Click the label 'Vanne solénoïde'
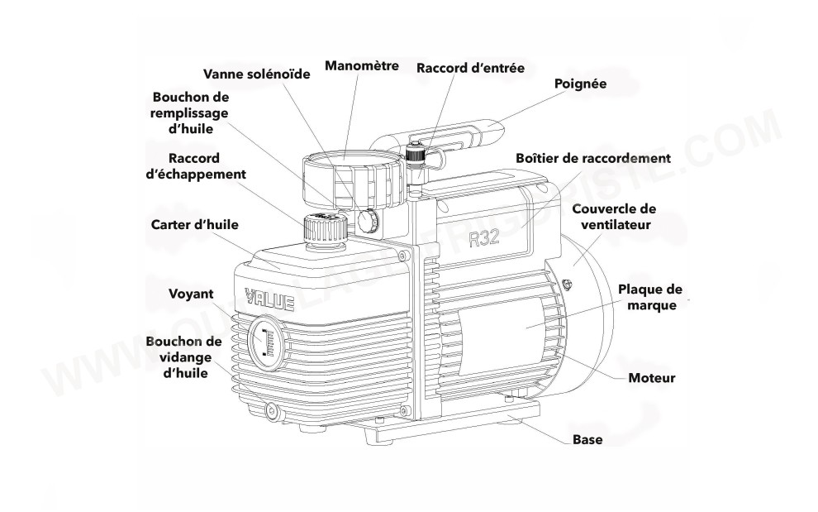(x=257, y=74)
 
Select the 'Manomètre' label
(x=362, y=65)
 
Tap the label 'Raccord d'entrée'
(x=469, y=67)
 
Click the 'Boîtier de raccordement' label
(x=592, y=157)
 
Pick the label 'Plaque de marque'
(x=651, y=297)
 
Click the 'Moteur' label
(x=651, y=378)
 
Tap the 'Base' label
(x=587, y=439)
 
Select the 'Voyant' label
(x=191, y=294)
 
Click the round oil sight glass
(x=265, y=340)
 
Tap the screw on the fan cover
(x=566, y=285)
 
